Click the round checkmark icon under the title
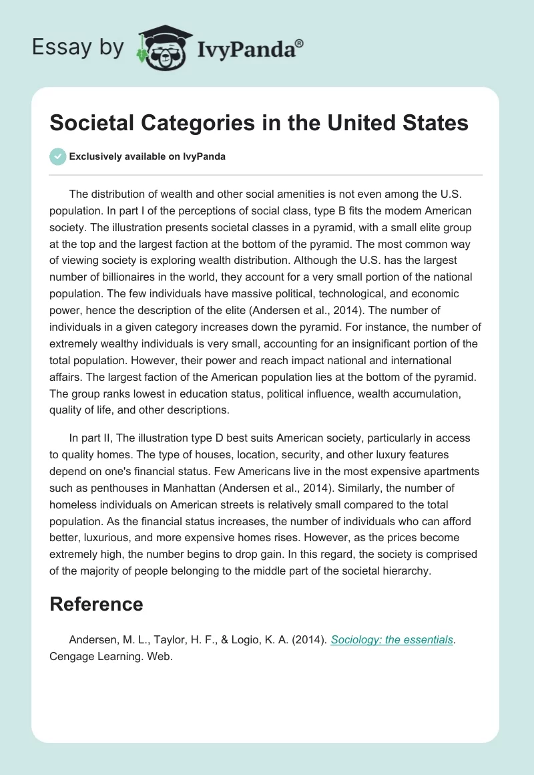pyautogui.click(x=57, y=156)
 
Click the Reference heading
pyautogui.click(x=96, y=604)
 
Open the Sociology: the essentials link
pyautogui.click(x=392, y=640)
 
